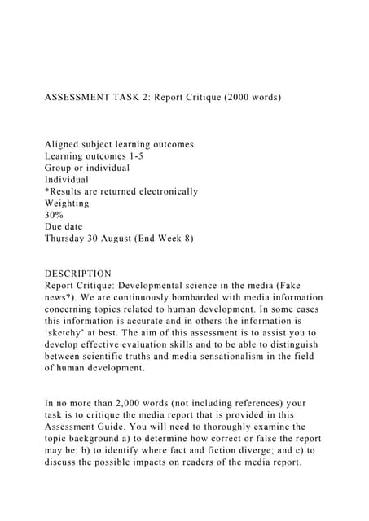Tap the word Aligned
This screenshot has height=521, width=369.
pyautogui.click(x=64, y=144)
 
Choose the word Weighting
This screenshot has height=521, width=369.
pyautogui.click(x=67, y=203)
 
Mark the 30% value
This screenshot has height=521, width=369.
pyautogui.click(x=54, y=215)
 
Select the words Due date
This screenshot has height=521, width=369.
pyautogui.click(x=64, y=226)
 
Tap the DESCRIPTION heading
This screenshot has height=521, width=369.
pyautogui.click(x=78, y=274)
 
